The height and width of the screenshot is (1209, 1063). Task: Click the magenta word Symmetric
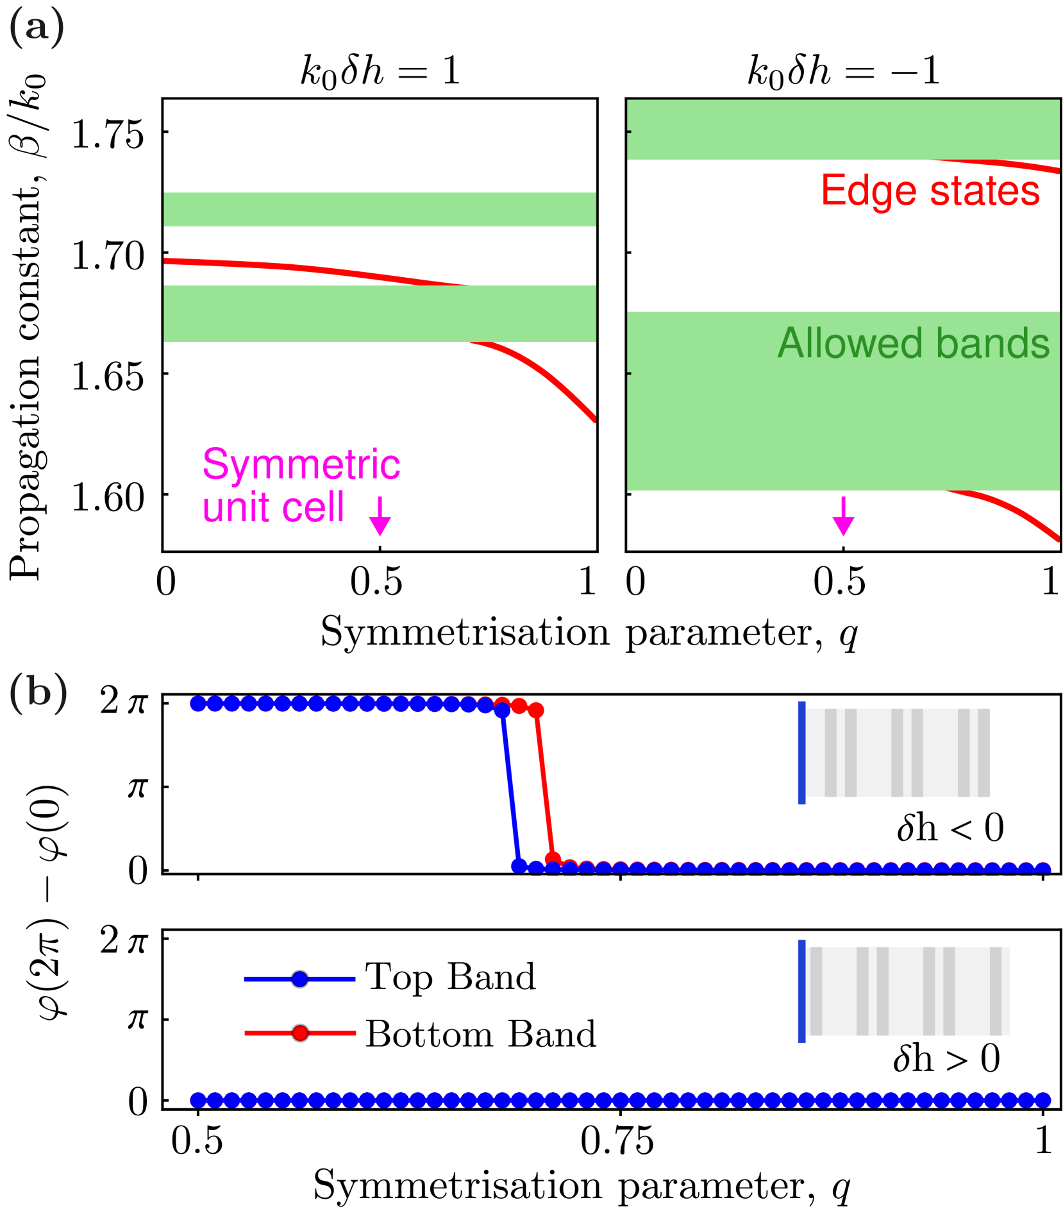(x=301, y=464)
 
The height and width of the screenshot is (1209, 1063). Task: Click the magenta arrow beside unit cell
(x=380, y=516)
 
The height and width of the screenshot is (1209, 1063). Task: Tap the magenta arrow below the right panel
(x=843, y=516)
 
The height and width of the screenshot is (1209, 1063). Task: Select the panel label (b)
(x=38, y=693)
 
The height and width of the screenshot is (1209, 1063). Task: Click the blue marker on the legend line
(x=299, y=979)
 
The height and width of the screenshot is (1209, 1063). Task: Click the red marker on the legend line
(x=300, y=1033)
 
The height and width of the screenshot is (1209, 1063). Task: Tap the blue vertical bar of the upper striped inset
(x=801, y=752)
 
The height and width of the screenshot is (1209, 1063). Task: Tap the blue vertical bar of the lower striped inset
(x=801, y=991)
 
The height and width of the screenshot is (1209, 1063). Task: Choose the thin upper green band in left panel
(x=380, y=209)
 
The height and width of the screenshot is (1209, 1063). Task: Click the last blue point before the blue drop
(x=502, y=710)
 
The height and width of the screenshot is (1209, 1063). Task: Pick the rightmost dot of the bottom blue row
(x=1043, y=1100)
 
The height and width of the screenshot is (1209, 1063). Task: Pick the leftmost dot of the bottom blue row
(x=198, y=1100)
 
